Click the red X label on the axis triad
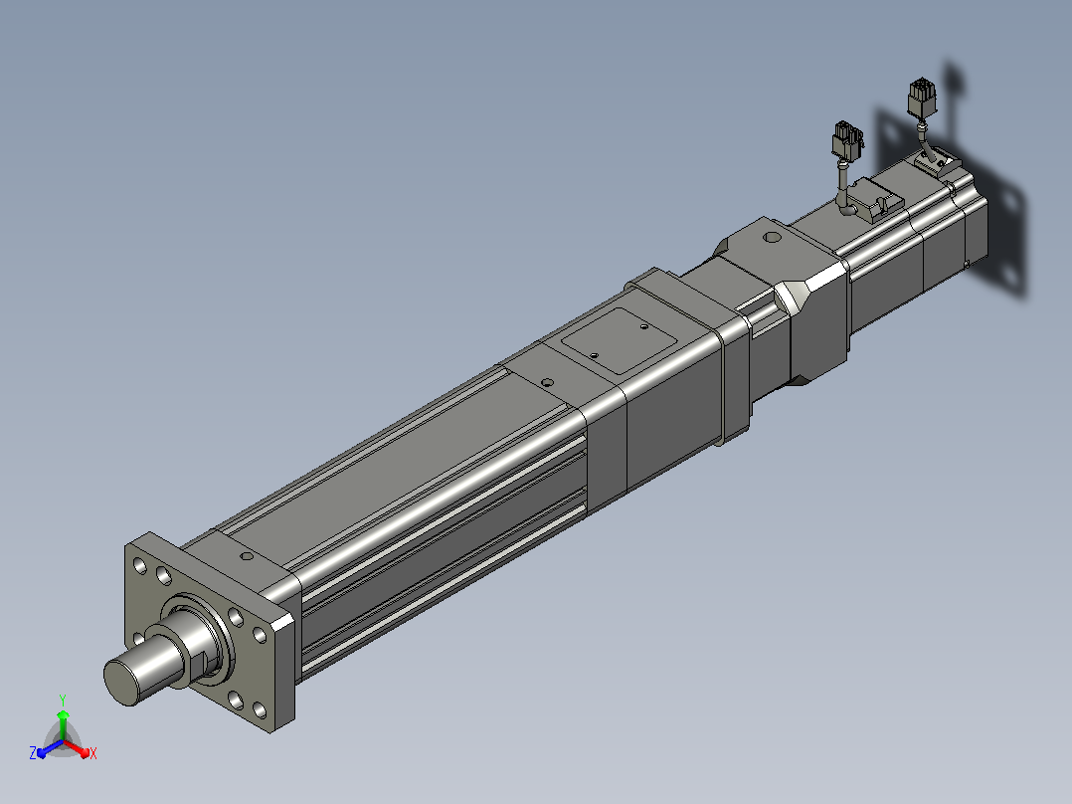(93, 753)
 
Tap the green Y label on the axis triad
(63, 700)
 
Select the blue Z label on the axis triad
(33, 752)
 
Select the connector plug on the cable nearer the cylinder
(847, 142)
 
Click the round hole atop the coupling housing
(772, 238)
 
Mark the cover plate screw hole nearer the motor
(644, 326)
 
